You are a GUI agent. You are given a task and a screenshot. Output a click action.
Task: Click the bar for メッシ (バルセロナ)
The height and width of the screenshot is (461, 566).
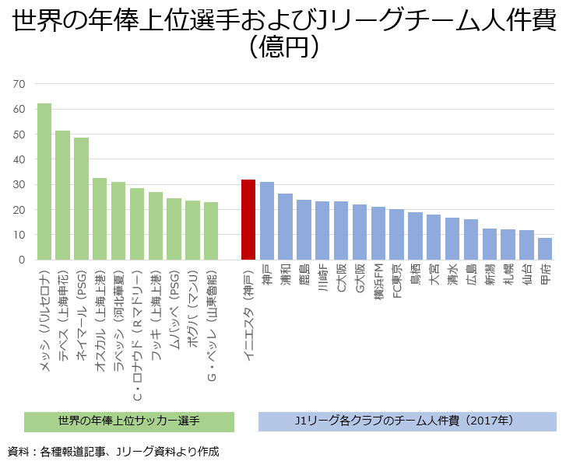[44, 182]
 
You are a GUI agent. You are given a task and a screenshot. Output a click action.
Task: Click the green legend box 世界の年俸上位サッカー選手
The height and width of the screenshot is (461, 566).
[129, 421]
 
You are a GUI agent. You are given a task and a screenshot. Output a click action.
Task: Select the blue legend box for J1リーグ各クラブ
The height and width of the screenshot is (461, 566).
[407, 421]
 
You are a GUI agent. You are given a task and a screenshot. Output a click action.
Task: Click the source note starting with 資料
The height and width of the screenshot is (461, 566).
[114, 451]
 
